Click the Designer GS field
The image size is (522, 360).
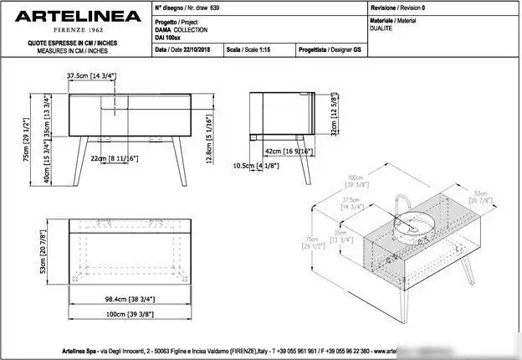click(333, 49)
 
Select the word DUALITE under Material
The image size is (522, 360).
click(382, 27)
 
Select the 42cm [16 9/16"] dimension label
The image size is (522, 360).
click(289, 152)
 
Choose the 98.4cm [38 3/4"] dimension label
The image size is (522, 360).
click(121, 298)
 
